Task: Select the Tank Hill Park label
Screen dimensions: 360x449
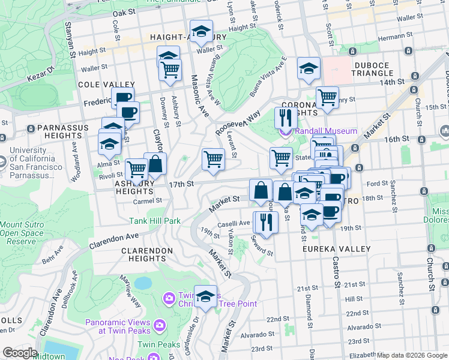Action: click(x=154, y=221)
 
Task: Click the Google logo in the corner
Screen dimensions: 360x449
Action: click(x=20, y=353)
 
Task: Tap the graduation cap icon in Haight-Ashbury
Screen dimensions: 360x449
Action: click(x=201, y=31)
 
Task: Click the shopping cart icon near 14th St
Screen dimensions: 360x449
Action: click(x=327, y=97)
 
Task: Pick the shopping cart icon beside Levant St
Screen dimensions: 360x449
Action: click(x=213, y=159)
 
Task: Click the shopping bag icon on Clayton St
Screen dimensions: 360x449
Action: click(x=155, y=163)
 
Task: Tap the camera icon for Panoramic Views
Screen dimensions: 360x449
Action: click(x=160, y=325)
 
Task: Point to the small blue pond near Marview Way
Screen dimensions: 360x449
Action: click(x=143, y=283)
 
